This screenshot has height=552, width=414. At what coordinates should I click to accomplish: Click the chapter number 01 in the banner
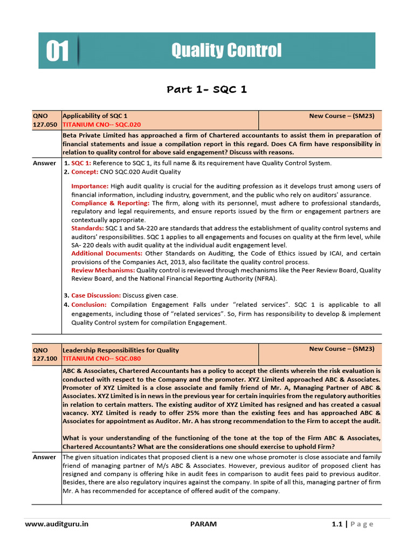click(x=57, y=52)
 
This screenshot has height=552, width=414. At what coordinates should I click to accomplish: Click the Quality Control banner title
click(x=226, y=51)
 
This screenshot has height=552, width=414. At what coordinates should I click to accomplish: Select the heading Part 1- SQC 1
click(x=206, y=89)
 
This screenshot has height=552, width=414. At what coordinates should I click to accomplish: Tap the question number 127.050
click(x=45, y=124)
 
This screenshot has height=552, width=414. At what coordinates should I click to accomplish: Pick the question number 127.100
click(x=45, y=358)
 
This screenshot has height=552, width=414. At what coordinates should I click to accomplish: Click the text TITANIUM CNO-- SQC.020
click(x=101, y=124)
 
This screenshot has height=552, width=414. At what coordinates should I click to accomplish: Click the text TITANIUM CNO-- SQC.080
click(x=101, y=358)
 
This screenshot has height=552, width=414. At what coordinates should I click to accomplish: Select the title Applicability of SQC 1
click(x=95, y=116)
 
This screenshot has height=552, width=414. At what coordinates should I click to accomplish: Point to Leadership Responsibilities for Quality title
click(x=121, y=350)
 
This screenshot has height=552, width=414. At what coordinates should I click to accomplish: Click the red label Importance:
click(x=93, y=186)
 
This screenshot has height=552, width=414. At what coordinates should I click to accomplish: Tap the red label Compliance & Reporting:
click(x=111, y=203)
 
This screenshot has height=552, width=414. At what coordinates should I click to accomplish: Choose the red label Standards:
click(x=88, y=228)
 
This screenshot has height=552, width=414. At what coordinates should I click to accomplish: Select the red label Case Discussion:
click(x=96, y=295)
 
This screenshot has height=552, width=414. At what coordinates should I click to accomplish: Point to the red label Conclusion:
click(x=89, y=305)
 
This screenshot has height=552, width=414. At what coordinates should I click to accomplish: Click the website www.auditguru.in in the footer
click(x=57, y=523)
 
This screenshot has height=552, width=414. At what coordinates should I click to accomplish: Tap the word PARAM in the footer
click(x=204, y=523)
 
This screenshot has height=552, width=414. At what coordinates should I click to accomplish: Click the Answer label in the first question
click(x=44, y=163)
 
